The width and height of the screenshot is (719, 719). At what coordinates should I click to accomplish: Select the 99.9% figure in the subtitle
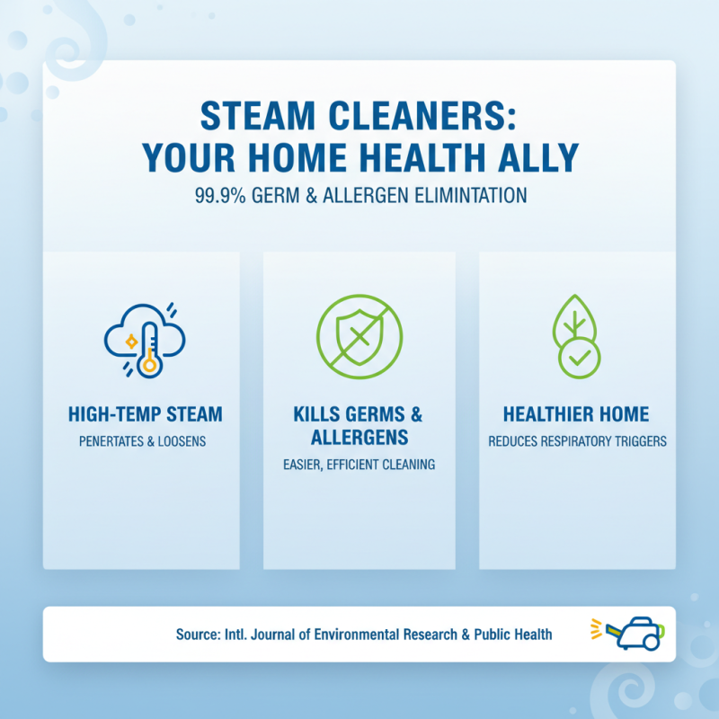(218, 195)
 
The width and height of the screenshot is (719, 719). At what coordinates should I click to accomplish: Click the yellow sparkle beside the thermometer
(131, 342)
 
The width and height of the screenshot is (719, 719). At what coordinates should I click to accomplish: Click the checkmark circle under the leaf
(580, 359)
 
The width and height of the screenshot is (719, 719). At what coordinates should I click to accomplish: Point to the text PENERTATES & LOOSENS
(146, 442)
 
